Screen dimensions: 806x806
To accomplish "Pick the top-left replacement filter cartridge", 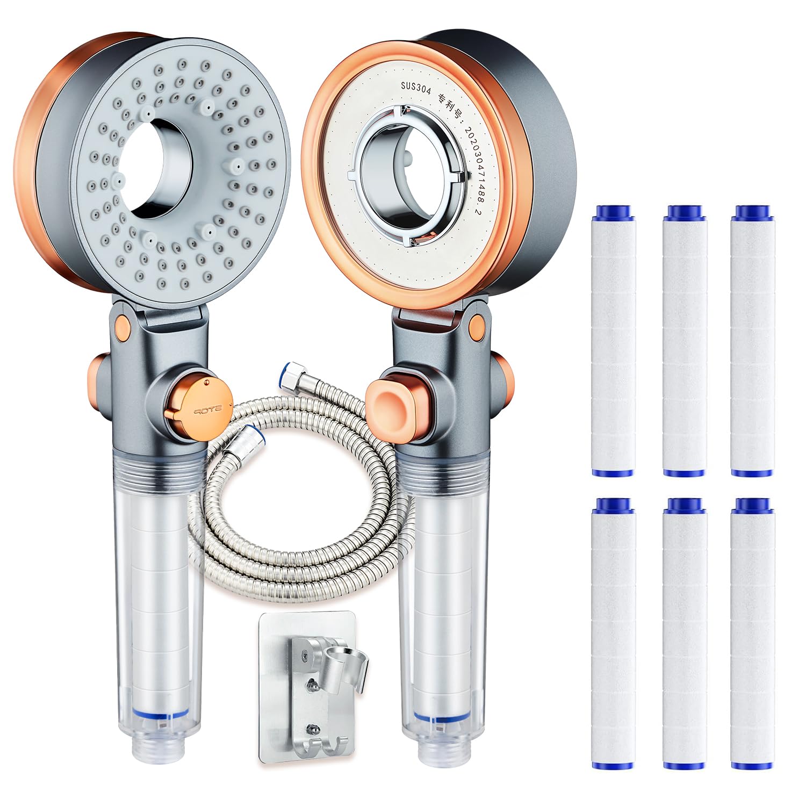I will tap(613, 341).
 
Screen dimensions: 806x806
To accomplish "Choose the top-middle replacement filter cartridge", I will tap(684, 341).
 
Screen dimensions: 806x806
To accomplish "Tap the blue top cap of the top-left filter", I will tap(613, 211).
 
